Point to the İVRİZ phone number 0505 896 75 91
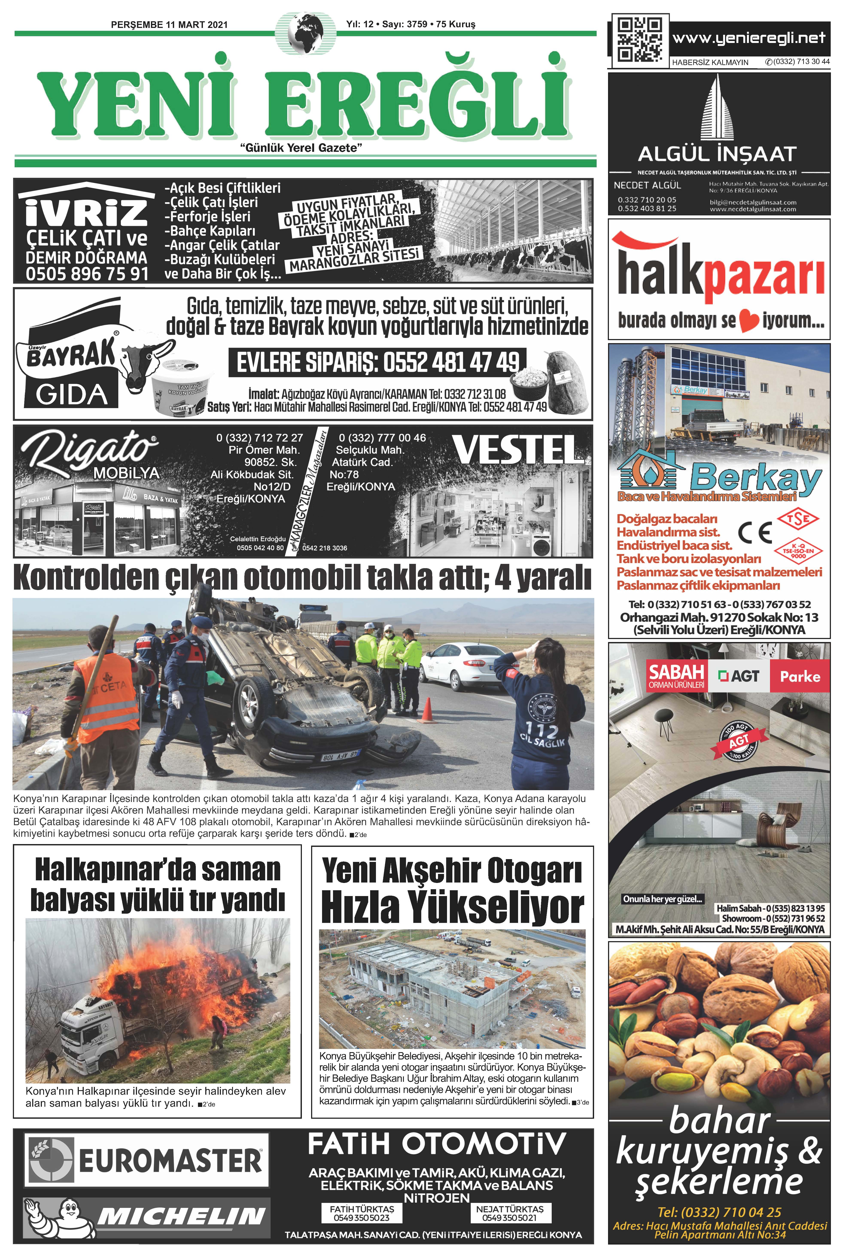[87, 274]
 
